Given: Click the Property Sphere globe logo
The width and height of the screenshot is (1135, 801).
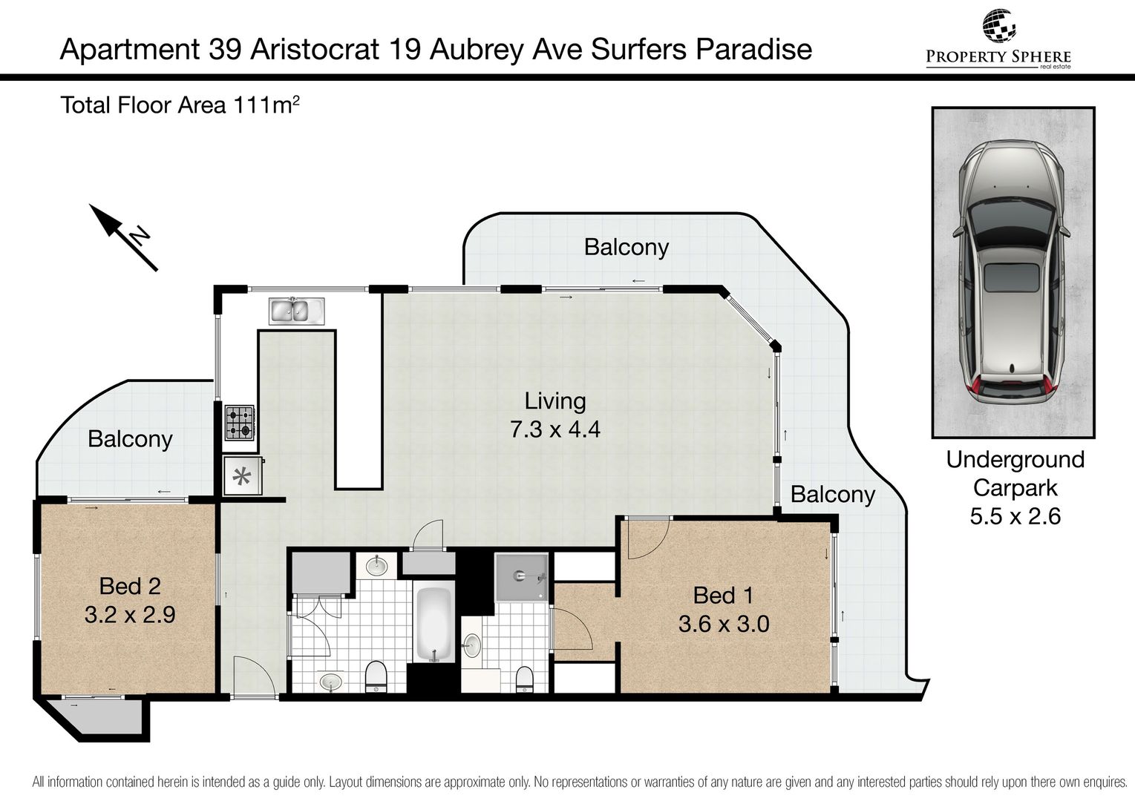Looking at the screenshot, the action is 998,26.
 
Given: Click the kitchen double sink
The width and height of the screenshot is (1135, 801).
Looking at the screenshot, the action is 296,310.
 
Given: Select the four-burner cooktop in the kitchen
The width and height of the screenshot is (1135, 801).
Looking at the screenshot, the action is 239,422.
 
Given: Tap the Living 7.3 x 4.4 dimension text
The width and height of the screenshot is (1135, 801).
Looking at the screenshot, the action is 555,415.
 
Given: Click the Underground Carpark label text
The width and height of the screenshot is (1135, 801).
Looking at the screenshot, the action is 1015,474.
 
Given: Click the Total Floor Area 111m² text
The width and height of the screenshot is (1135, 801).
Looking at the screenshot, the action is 180,105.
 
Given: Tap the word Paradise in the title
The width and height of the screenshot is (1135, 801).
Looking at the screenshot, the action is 753,50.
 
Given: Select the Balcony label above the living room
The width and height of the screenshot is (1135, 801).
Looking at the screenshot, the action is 627,248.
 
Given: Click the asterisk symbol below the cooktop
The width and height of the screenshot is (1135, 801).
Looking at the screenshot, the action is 242,476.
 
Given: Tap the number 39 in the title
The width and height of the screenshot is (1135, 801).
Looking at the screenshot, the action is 224,50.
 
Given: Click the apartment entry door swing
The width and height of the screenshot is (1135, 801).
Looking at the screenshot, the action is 254,676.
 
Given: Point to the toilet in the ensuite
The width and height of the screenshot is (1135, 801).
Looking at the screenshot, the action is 524,679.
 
